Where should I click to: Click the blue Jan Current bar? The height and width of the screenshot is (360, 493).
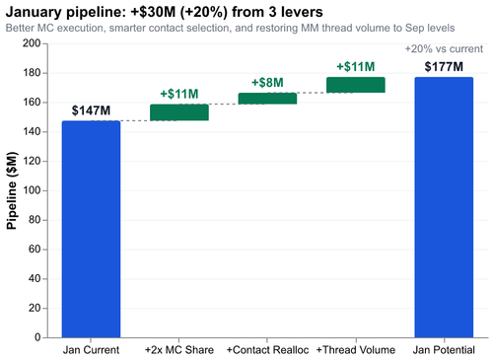pos(91,229)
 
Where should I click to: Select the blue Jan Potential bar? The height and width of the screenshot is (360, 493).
pos(444,207)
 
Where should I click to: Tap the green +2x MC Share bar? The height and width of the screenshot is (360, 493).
pos(178,112)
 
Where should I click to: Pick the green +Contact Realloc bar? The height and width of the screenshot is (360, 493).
pos(267,99)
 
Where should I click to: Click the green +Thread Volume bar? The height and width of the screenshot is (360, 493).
pos(356,85)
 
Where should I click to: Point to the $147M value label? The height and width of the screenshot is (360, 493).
pos(91,111)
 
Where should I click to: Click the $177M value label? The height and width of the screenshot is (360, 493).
pos(444,67)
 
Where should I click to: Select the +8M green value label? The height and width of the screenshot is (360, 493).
pos(267,83)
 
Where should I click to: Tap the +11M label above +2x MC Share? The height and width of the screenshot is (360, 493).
pos(178,95)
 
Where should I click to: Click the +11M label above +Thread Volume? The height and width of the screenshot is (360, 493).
pos(356,67)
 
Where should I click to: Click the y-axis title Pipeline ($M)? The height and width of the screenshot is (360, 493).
pos(13,190)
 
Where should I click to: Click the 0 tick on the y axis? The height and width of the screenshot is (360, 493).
pos(36,337)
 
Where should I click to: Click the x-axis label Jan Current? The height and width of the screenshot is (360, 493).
pos(91,350)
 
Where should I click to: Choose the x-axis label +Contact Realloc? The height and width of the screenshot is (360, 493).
pos(267,350)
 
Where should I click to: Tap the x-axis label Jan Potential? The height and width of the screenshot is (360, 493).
pos(444,350)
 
